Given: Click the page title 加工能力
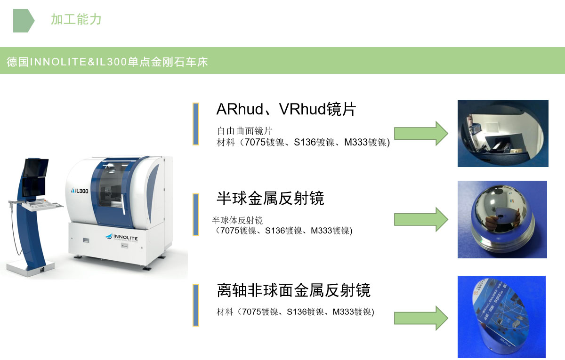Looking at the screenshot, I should tap(76, 20).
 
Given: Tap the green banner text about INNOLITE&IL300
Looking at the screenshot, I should tap(107, 62).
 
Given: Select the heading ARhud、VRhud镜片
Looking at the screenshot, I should tap(286, 110).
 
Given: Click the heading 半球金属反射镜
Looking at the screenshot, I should tap(270, 198).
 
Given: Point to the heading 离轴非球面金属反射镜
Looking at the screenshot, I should tap(293, 290).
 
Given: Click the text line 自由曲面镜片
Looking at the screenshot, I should tap(244, 131).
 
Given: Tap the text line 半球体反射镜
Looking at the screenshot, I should tap(237, 220).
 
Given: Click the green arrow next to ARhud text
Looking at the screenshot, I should tap(420, 133).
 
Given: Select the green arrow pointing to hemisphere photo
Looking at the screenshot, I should tap(420, 219).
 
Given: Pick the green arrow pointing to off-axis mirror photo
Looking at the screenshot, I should tap(420, 318).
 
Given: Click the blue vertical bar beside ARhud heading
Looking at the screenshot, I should tap(196, 124).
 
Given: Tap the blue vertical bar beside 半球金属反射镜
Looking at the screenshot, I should tap(196, 215).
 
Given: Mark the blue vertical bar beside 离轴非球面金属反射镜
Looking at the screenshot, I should tap(196, 305).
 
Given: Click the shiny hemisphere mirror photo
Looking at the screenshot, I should tap(502, 219).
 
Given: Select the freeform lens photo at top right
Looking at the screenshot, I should tap(503, 133).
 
